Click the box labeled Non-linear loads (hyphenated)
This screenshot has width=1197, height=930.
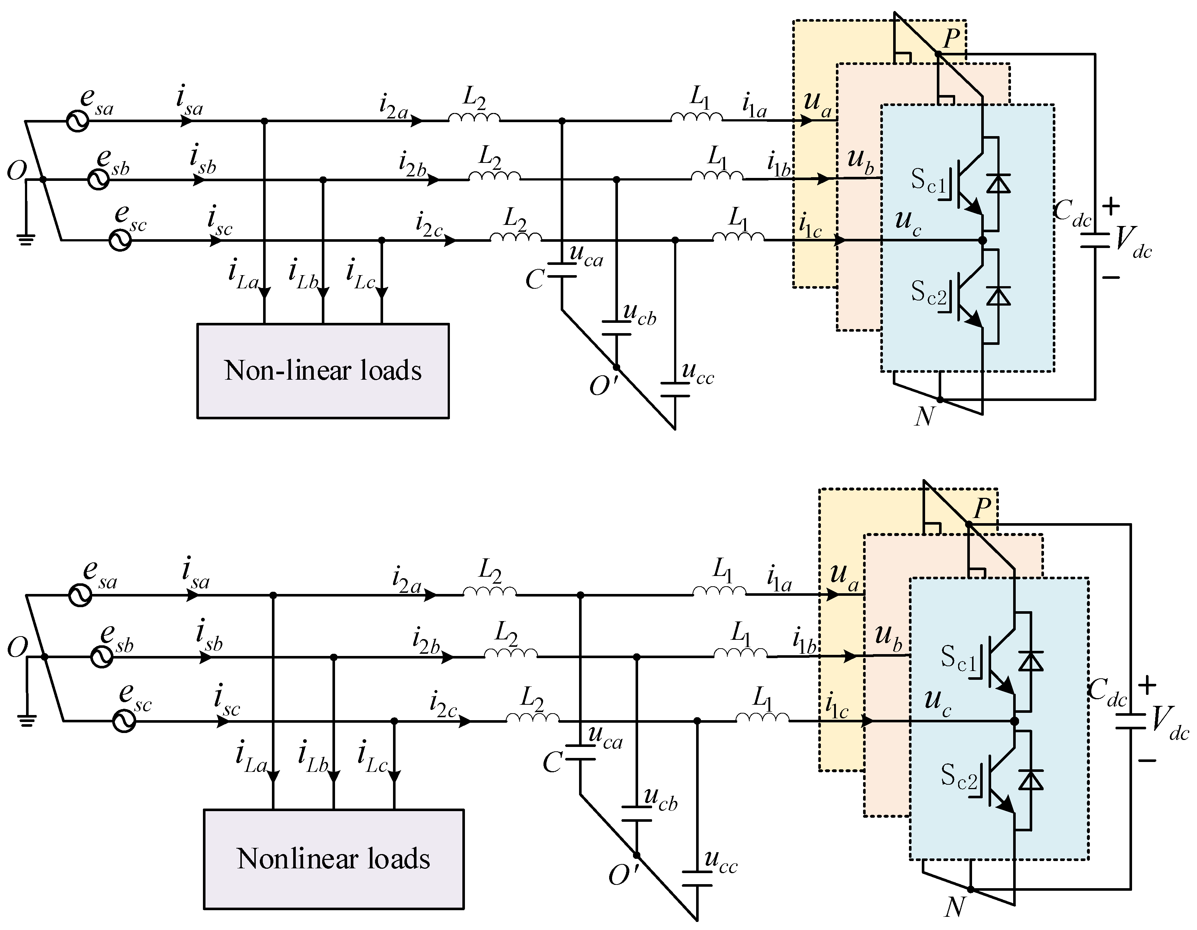click(323, 371)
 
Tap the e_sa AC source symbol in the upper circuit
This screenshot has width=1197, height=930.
click(78, 121)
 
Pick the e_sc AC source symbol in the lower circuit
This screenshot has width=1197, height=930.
click(124, 721)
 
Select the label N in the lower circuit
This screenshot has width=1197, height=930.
click(954, 907)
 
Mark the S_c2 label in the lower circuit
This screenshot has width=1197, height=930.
click(959, 776)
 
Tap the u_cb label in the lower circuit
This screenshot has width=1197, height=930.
click(661, 800)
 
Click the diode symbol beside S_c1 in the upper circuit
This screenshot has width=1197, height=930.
click(998, 183)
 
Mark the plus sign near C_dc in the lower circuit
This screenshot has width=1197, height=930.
click(1147, 685)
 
